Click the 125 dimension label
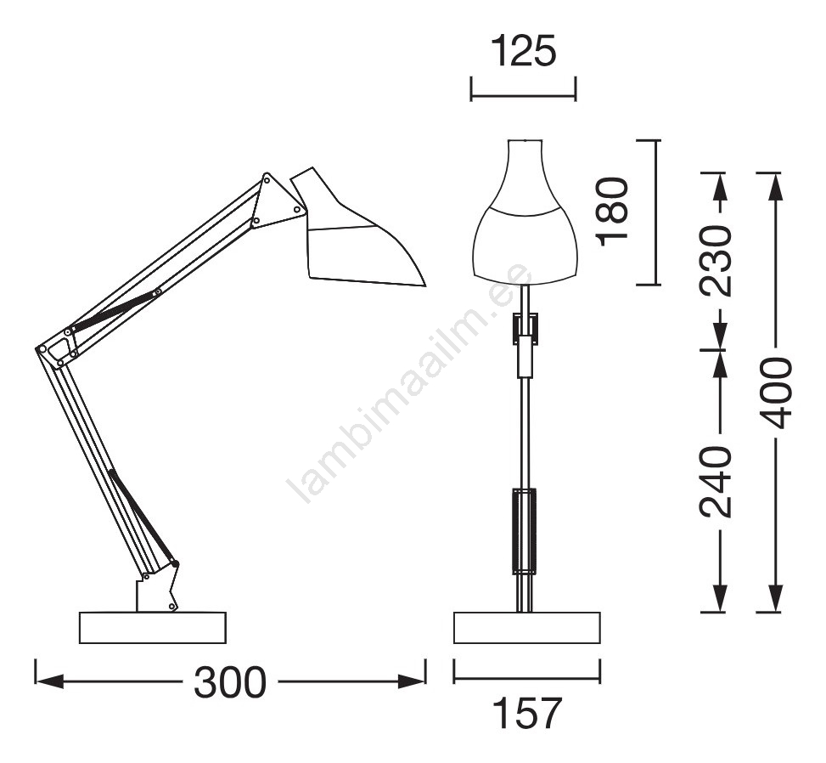pyautogui.click(x=523, y=51)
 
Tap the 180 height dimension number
pyautogui.click(x=613, y=212)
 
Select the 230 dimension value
pyautogui.click(x=716, y=261)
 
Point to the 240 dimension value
pyautogui.click(x=716, y=482)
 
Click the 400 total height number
pyautogui.click(x=775, y=393)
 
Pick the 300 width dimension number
pyautogui.click(x=230, y=682)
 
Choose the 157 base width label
pyautogui.click(x=527, y=713)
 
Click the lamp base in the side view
pyautogui.click(x=153, y=628)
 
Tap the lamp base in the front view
pyautogui.click(x=527, y=628)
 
